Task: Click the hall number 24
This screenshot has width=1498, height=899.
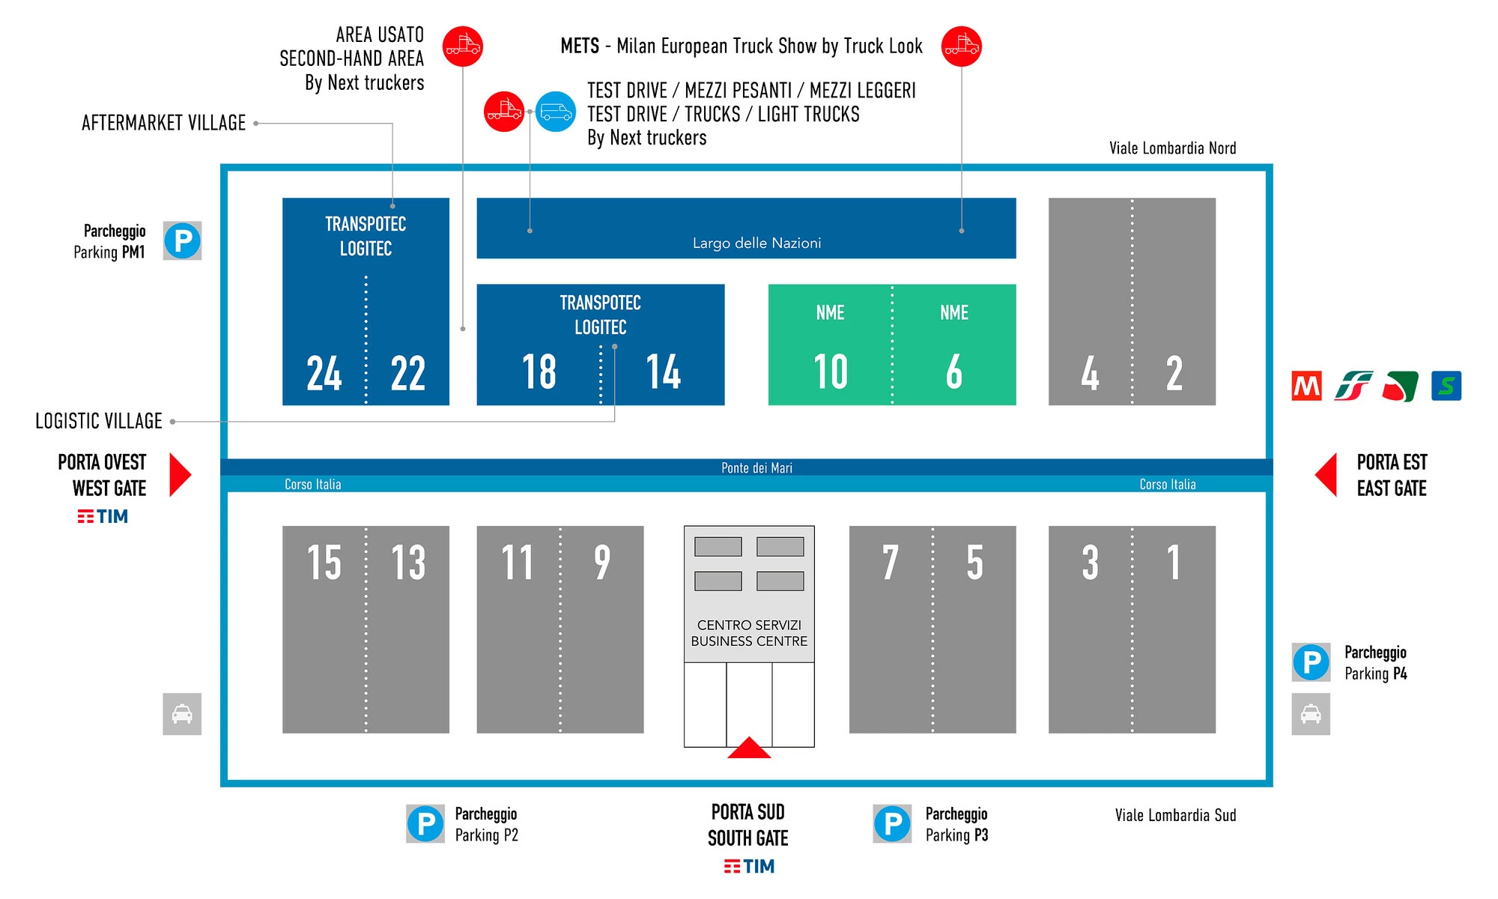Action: pos(324,373)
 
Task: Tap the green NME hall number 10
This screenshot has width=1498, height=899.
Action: pos(831,372)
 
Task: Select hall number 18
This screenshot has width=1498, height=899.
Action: pos(539,372)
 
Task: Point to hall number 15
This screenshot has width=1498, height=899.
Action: pos(324,563)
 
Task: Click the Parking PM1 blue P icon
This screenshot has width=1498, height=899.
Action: pos(183,241)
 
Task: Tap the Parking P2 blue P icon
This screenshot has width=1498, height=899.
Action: pos(425,824)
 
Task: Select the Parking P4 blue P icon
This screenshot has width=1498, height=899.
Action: pos(1311,662)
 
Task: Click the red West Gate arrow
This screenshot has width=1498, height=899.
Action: pos(180,475)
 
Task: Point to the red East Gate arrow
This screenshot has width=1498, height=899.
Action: pos(1326,475)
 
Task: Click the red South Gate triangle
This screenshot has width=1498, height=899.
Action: pos(749,748)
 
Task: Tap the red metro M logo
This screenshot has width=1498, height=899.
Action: pos(1307,387)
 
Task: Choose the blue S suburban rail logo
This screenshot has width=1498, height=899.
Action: pos(1446,387)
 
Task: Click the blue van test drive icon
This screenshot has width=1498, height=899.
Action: pos(556,112)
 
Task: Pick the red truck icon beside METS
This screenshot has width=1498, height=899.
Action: pos(961,46)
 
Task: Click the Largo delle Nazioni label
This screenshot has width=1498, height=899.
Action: pos(756,243)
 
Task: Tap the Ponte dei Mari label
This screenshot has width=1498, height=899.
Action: pos(756,468)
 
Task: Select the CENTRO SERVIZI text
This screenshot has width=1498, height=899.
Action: pos(749,625)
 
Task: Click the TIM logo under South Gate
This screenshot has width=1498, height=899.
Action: pos(749,867)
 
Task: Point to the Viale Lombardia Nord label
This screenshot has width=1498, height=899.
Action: pos(1172,148)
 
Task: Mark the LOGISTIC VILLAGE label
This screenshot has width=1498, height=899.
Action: pos(99,421)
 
